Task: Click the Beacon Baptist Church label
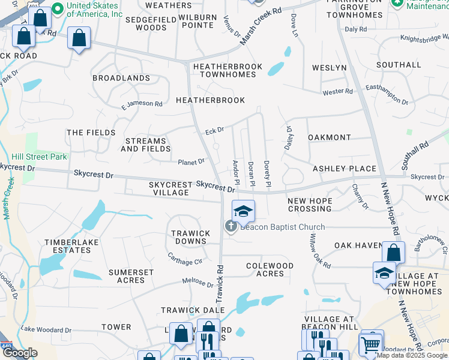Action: (282, 227)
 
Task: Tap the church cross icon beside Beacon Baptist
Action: (230, 226)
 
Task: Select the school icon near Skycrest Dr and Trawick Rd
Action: (243, 211)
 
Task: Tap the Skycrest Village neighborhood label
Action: (170, 189)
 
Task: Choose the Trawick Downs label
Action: (190, 237)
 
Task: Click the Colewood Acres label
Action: (270, 269)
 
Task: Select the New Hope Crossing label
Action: (309, 205)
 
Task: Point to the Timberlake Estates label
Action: (67, 246)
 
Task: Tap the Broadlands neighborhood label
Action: (121, 78)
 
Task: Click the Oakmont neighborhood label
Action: (328, 137)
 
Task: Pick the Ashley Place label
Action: (344, 169)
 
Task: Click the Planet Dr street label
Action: (191, 161)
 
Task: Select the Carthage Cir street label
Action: (184, 260)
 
